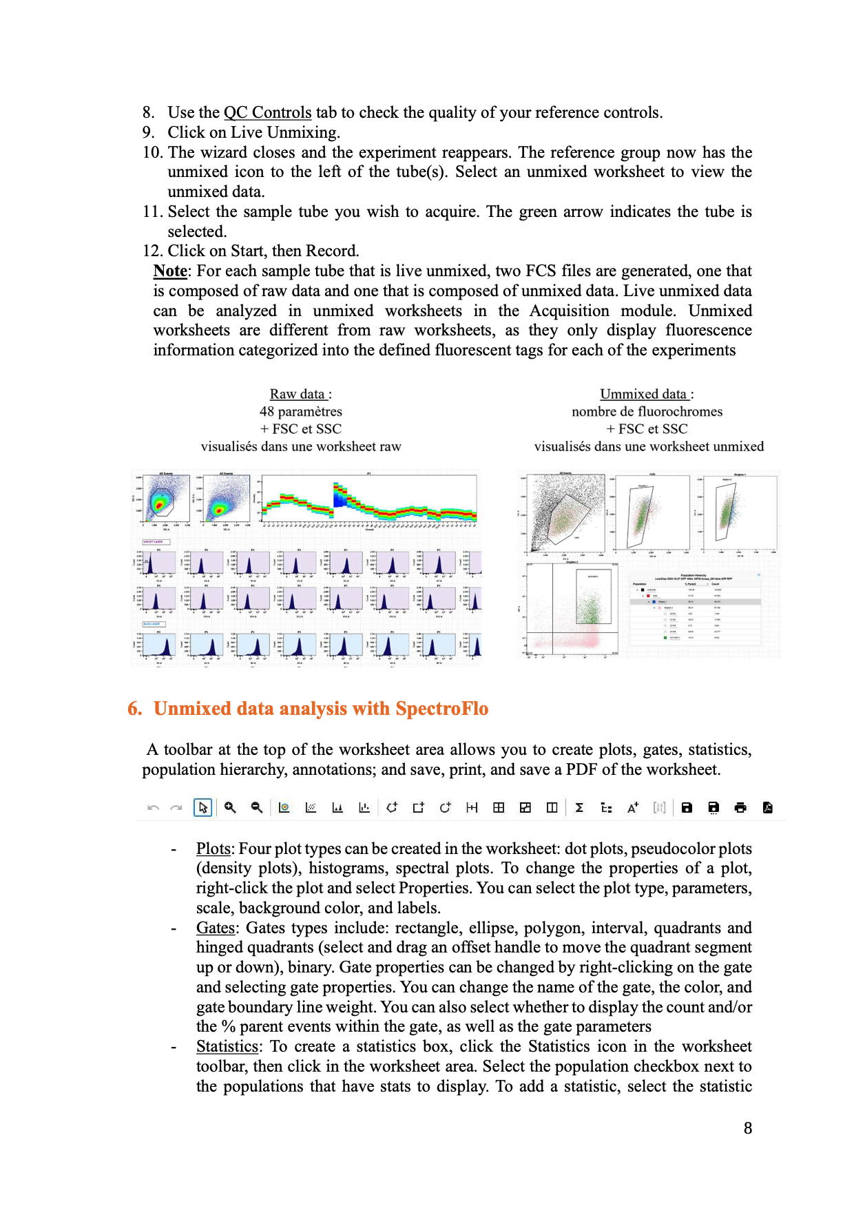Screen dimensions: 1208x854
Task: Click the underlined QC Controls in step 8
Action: (267, 113)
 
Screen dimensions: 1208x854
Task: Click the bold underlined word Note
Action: (170, 271)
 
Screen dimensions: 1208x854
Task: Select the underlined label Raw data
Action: (298, 394)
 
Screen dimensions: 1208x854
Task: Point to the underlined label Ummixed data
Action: (643, 394)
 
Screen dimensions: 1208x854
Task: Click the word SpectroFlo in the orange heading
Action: (441, 709)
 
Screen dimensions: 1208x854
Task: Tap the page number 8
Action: (748, 1128)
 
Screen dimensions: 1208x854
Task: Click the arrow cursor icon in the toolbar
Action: (202, 807)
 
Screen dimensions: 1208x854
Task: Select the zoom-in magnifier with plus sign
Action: (230, 807)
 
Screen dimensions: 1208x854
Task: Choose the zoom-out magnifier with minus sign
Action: (257, 807)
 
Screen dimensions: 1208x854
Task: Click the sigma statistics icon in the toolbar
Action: (579, 807)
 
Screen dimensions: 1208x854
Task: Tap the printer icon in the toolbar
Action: (740, 807)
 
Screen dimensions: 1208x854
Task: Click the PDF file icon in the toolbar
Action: (768, 807)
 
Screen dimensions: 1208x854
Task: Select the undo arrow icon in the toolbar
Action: (154, 807)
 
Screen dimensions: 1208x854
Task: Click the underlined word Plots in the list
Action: (213, 849)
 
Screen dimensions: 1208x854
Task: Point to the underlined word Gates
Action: (215, 928)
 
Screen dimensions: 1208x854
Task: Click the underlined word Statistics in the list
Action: (227, 1047)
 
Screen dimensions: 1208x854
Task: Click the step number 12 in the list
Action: (152, 251)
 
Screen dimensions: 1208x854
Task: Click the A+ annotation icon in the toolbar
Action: (632, 807)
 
